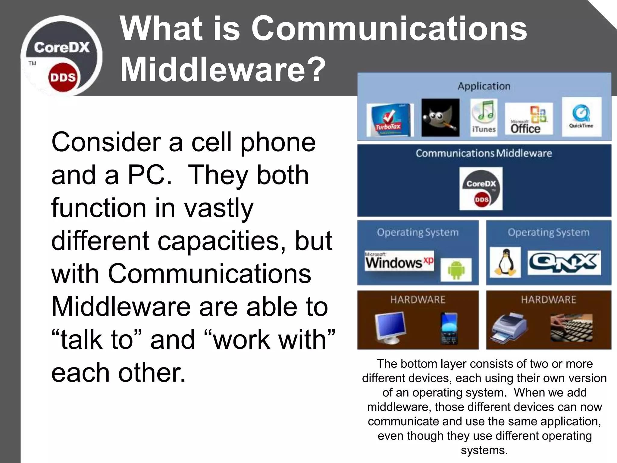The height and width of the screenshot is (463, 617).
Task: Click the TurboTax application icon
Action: [390, 120]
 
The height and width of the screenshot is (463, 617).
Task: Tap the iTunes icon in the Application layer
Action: [484, 118]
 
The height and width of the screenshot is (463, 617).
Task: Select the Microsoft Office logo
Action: [529, 119]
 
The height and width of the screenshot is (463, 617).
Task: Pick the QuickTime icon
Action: [581, 117]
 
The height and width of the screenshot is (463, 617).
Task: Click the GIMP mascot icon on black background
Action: [440, 118]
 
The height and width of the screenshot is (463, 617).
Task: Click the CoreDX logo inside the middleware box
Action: [481, 188]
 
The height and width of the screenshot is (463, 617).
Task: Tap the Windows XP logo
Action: [399, 261]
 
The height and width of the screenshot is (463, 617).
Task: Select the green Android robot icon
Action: [456, 269]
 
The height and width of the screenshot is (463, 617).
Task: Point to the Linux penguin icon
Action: [505, 262]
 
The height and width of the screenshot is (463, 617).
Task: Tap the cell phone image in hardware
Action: [449, 329]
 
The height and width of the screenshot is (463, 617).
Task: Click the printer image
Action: [509, 327]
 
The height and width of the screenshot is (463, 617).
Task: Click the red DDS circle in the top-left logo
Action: [63, 77]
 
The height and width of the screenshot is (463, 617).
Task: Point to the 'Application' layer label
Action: [484, 86]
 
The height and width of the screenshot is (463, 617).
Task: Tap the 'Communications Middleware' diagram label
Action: [484, 153]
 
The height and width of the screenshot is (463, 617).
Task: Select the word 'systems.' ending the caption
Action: [484, 450]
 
